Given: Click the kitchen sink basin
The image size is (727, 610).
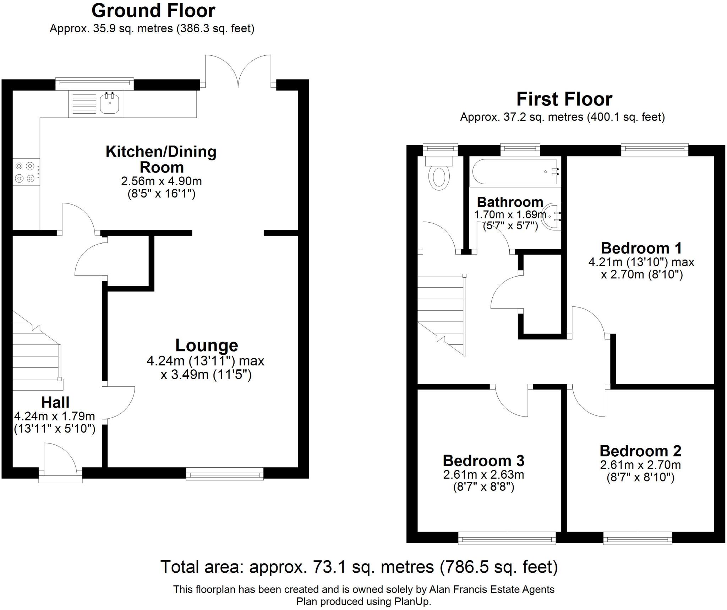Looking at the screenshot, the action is coord(109,103).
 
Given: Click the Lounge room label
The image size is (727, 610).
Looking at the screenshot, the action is coord(207,345).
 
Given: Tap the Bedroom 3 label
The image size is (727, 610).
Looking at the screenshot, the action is coord(483,461).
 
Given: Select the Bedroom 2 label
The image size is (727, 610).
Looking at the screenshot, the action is coord(640,451).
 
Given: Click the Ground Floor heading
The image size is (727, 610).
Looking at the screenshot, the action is coord(153,11).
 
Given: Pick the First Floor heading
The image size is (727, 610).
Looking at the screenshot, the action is coord(564,99).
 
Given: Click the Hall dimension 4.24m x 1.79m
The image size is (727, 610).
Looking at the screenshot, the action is coord(54,416).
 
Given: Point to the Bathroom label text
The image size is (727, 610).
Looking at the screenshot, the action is coord(510,202).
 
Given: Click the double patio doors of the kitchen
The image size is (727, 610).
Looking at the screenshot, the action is coord(238,71).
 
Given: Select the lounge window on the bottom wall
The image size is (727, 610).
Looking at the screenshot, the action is coord(225,474).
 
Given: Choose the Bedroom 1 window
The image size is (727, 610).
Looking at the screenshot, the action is coord(655,149).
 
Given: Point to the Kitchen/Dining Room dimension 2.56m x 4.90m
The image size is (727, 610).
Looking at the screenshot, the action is coord(162,181).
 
